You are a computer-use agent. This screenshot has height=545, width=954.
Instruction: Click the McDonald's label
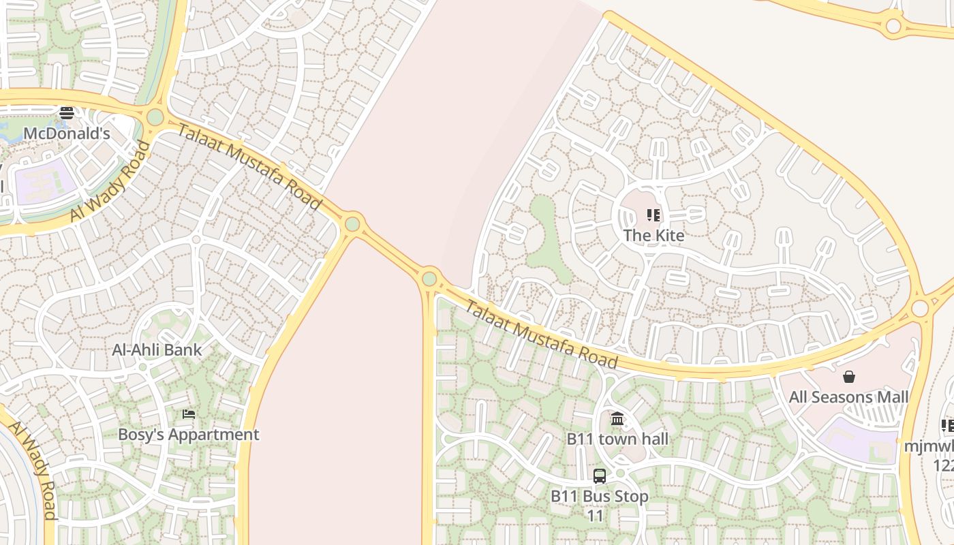[x=67, y=134]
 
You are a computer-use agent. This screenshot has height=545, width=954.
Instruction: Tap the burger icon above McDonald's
[x=67, y=113]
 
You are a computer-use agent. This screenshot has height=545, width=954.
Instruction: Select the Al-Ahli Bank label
[x=157, y=350]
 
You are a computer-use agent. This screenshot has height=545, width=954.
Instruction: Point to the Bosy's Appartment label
[x=189, y=435]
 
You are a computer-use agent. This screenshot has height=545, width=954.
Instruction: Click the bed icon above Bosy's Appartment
[x=189, y=414]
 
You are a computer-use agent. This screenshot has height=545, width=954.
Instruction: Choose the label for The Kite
[x=653, y=235]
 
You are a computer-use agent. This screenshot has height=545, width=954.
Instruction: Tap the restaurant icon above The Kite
[x=653, y=216]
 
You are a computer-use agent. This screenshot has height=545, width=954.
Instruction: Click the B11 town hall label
[x=617, y=439]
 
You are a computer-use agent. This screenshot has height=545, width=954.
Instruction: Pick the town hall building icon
[x=617, y=418]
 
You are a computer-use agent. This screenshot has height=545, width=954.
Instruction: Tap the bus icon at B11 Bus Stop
[x=600, y=476]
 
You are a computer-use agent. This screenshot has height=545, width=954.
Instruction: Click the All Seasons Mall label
[x=848, y=396]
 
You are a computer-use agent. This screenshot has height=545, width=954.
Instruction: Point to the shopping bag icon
[x=849, y=377]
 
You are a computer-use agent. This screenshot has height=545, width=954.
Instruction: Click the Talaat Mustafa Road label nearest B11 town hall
[x=541, y=334]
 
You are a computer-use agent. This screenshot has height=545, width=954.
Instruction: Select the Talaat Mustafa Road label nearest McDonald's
[x=249, y=167]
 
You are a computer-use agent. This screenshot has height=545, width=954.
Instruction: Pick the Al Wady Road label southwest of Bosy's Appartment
[x=33, y=469]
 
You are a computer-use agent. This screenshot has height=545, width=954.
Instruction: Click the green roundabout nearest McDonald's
[x=155, y=117]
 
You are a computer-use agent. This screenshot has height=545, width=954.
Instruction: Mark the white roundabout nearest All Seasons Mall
[x=920, y=309]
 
